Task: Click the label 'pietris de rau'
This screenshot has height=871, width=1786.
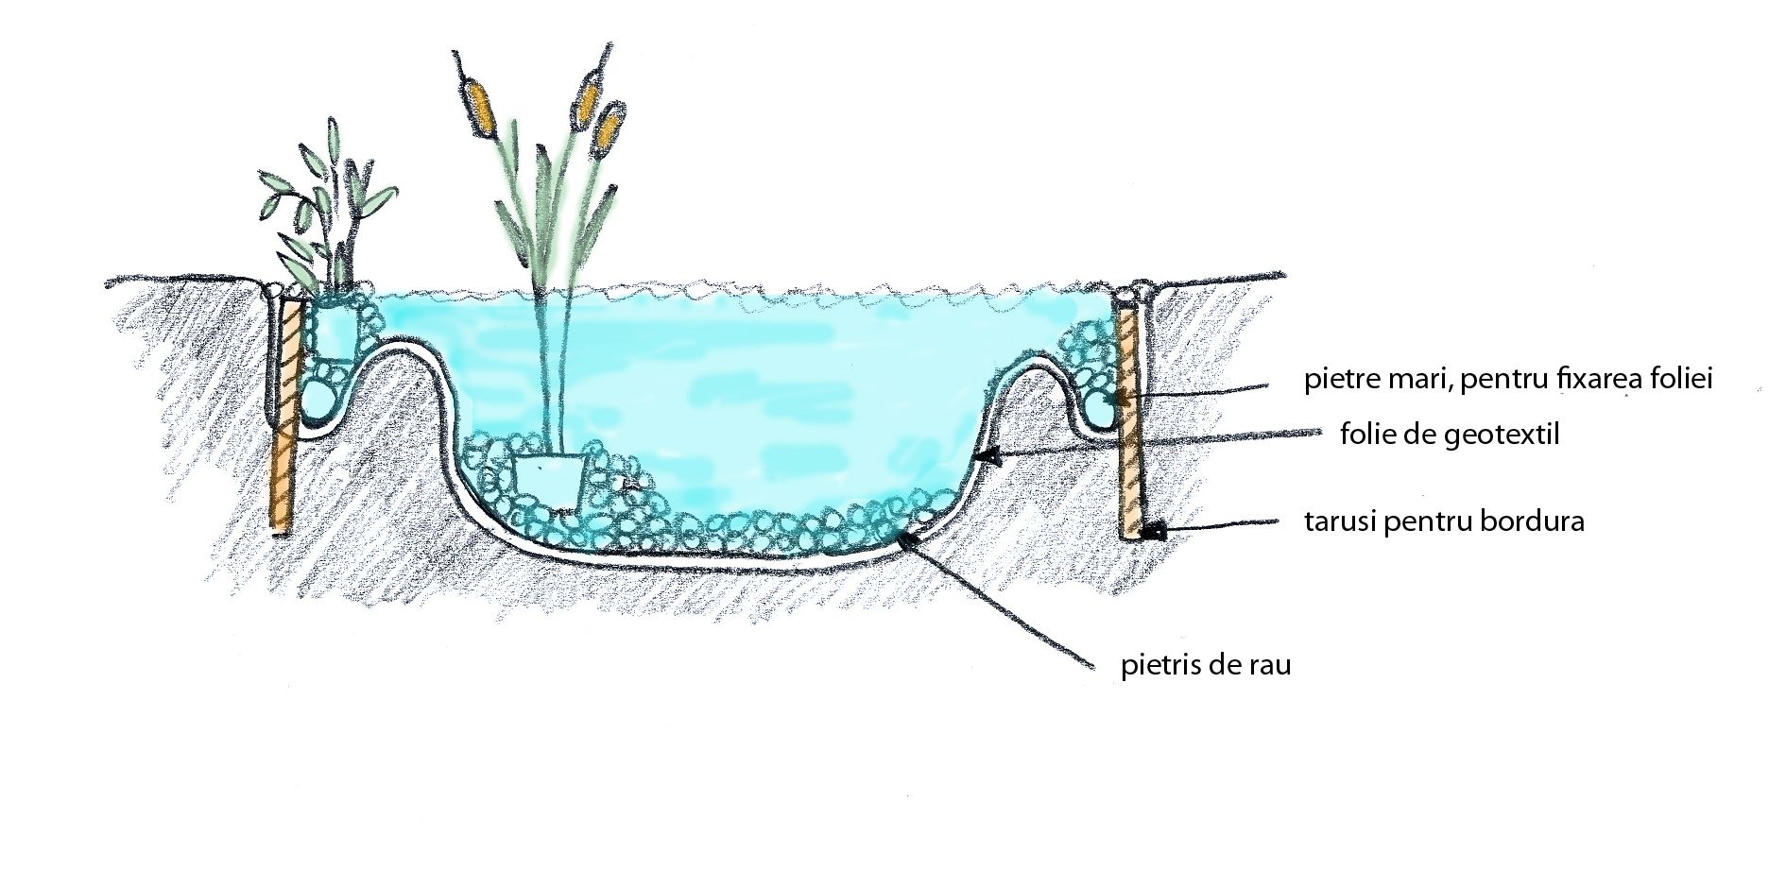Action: coord(1206,665)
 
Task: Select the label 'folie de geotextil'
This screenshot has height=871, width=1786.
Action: coord(1449,435)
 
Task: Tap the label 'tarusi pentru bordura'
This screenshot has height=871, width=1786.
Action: coord(1444,522)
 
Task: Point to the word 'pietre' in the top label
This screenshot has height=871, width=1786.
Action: coord(1333,381)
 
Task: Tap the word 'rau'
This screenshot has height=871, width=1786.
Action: coord(1271,665)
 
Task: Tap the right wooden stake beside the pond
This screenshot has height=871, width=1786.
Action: coord(1130,425)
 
